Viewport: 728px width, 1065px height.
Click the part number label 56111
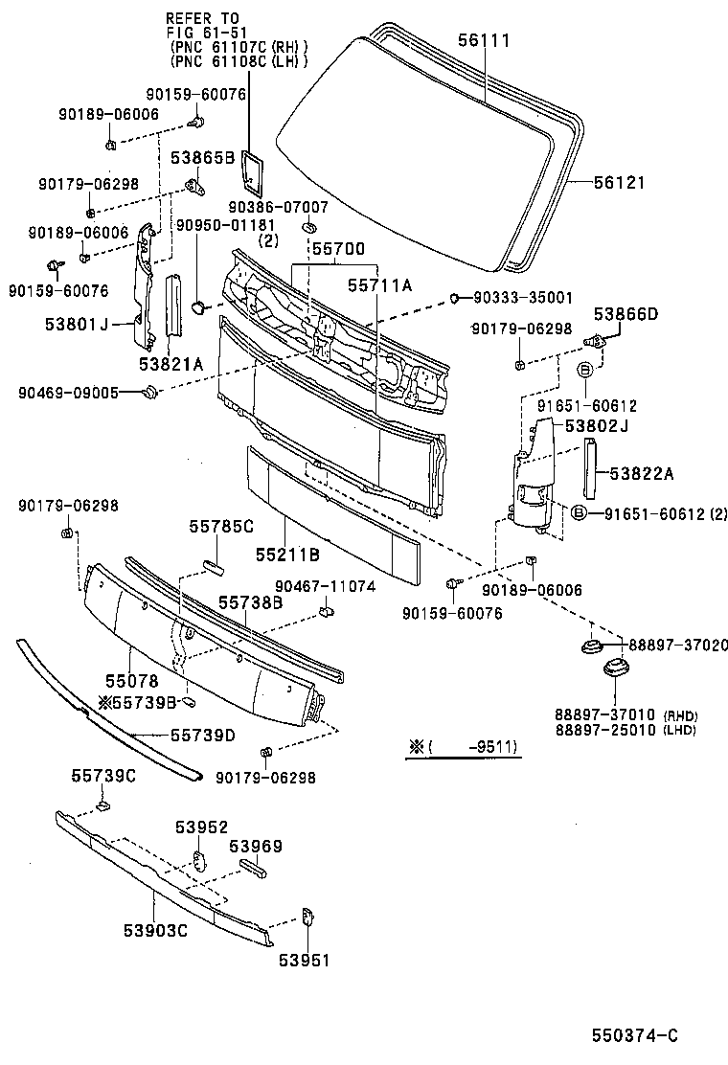click(x=484, y=40)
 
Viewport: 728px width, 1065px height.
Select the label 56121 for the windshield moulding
click(x=619, y=182)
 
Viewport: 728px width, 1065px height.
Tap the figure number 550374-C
click(x=634, y=1035)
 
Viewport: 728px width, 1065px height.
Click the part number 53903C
click(x=155, y=929)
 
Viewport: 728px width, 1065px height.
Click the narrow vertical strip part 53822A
click(x=590, y=469)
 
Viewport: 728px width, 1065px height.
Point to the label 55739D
click(x=203, y=735)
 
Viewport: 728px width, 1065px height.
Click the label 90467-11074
click(x=326, y=586)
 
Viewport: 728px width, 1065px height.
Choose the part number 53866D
click(x=626, y=313)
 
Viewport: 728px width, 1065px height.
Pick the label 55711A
click(x=379, y=284)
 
